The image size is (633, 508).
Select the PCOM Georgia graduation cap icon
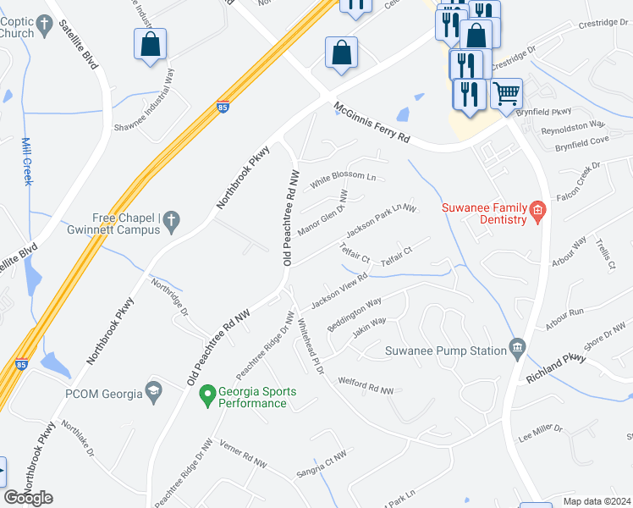click(153, 389)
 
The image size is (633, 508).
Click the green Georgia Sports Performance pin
click(206, 395)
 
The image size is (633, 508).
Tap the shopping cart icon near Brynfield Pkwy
click(506, 93)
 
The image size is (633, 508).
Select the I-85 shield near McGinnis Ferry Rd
click(222, 108)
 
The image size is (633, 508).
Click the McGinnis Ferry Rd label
click(372, 122)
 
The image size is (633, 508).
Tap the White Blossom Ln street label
click(342, 179)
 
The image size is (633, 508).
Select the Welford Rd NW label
click(366, 386)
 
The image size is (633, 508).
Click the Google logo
click(29, 498)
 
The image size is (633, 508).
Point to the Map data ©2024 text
click(597, 501)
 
